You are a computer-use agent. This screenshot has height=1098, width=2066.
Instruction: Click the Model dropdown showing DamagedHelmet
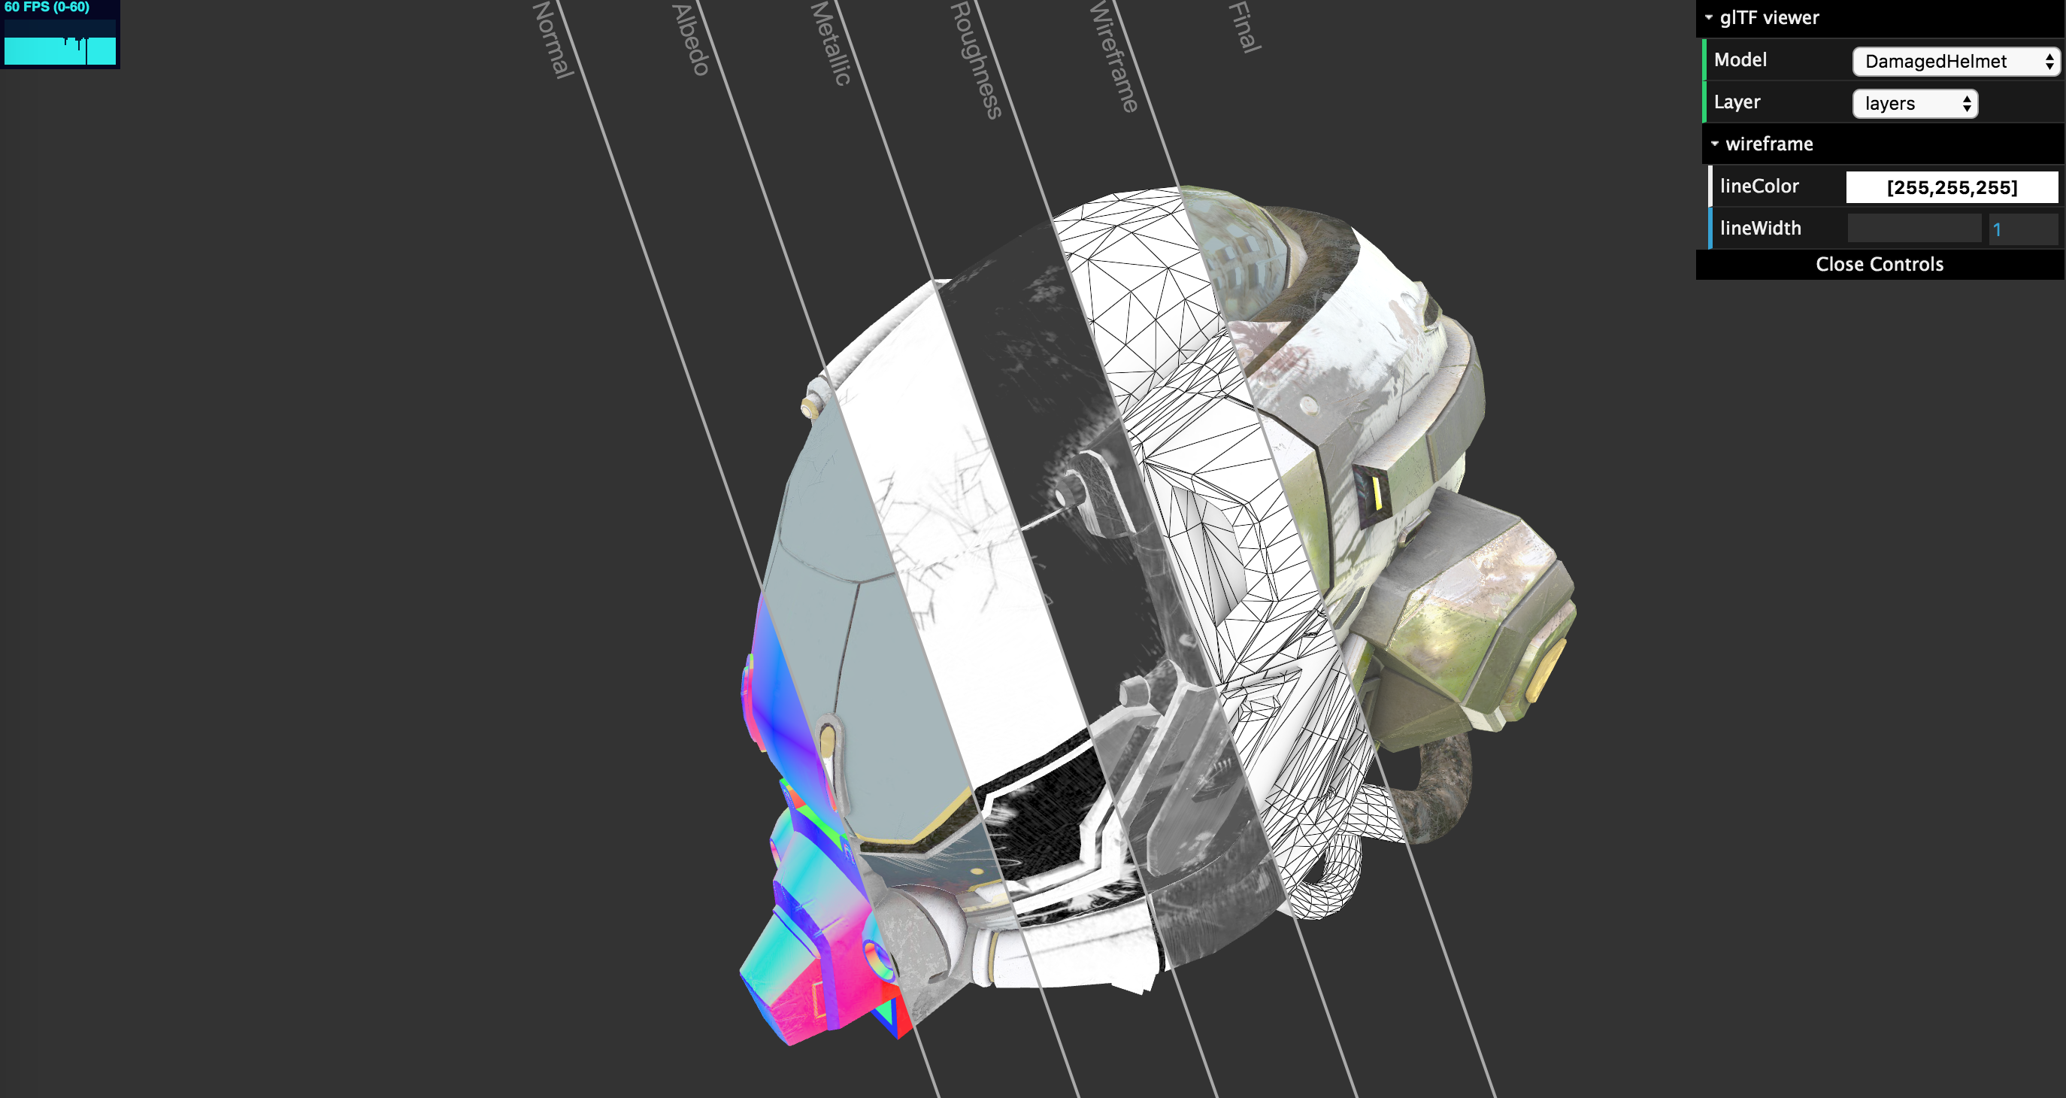[1955, 61]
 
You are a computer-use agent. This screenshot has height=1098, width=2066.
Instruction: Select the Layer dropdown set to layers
[1914, 104]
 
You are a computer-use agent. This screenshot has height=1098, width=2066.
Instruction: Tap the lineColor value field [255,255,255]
[1951, 187]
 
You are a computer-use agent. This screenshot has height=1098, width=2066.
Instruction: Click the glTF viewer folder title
[1769, 17]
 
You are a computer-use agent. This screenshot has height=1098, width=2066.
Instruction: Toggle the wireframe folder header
[1769, 144]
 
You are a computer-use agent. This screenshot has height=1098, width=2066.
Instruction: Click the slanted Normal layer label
[553, 40]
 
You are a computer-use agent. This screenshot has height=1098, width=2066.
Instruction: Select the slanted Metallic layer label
[831, 44]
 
